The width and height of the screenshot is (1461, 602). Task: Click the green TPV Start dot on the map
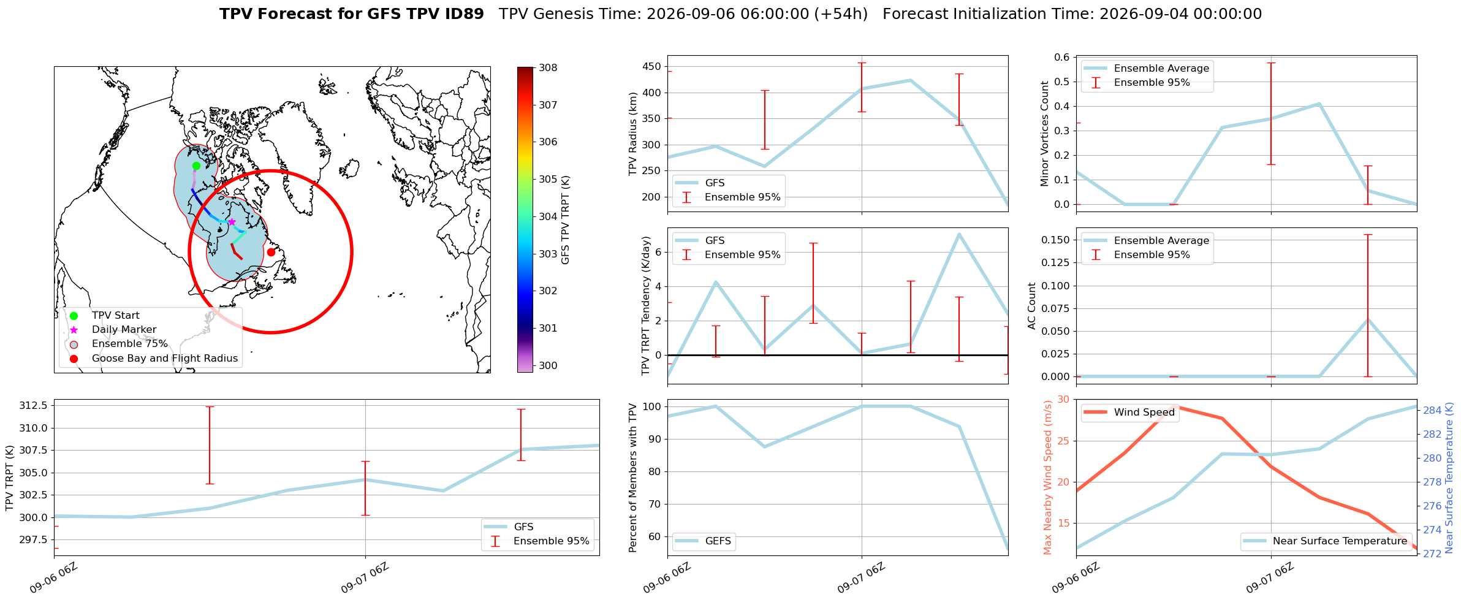[196, 166]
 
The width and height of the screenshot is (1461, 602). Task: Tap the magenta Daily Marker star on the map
[232, 222]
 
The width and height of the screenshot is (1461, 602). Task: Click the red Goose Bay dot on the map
[271, 252]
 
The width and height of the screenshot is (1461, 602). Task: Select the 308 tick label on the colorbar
[548, 67]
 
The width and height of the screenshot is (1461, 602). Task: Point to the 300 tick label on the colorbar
[548, 365]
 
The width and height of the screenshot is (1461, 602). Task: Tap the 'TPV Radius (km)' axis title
[633, 134]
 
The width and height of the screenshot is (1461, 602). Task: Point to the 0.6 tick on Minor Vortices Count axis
[1061, 57]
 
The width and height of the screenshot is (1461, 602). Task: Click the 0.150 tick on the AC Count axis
[1055, 240]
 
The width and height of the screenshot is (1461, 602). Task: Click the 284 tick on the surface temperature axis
[1432, 410]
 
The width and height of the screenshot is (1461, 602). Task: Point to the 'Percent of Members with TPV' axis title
[633, 478]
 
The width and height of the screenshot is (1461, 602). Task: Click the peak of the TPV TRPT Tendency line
[959, 234]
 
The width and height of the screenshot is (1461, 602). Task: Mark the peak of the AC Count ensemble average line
[1368, 319]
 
